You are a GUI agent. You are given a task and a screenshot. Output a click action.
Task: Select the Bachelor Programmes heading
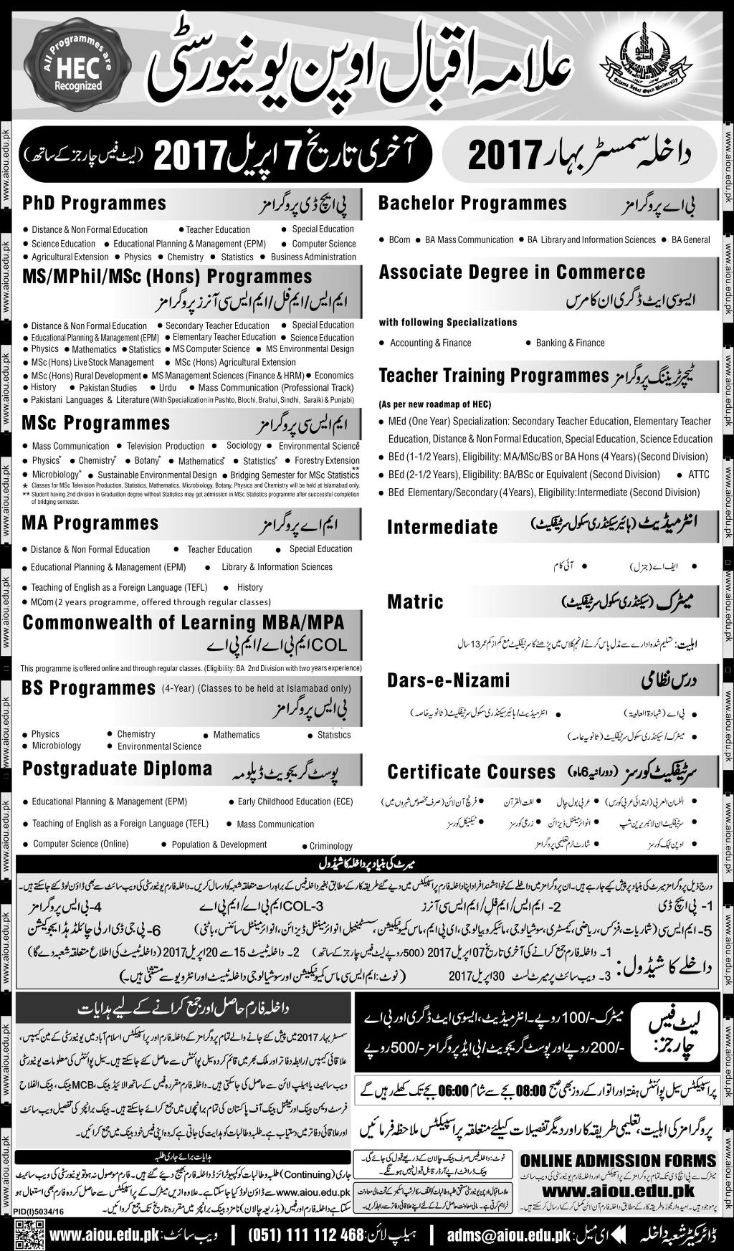(472, 204)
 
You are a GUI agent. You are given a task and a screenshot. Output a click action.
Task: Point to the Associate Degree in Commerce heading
(512, 272)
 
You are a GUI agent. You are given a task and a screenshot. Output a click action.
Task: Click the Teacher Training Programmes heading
(493, 375)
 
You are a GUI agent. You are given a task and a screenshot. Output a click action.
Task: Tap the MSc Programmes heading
(95, 423)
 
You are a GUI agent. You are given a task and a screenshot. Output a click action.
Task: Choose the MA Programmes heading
(90, 523)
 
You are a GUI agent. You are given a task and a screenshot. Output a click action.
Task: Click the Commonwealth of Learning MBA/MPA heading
(183, 622)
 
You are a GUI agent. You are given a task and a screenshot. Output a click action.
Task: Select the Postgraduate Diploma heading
(117, 769)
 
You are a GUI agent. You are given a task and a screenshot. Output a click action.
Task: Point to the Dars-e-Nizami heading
(448, 680)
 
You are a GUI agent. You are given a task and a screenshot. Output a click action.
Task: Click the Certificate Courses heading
(471, 772)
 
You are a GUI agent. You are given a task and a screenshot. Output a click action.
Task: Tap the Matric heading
(415, 601)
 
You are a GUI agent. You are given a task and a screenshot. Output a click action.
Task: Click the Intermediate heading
(442, 528)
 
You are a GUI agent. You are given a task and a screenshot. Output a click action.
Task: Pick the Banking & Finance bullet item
(570, 343)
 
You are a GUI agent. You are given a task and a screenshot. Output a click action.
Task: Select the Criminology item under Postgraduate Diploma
(331, 846)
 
